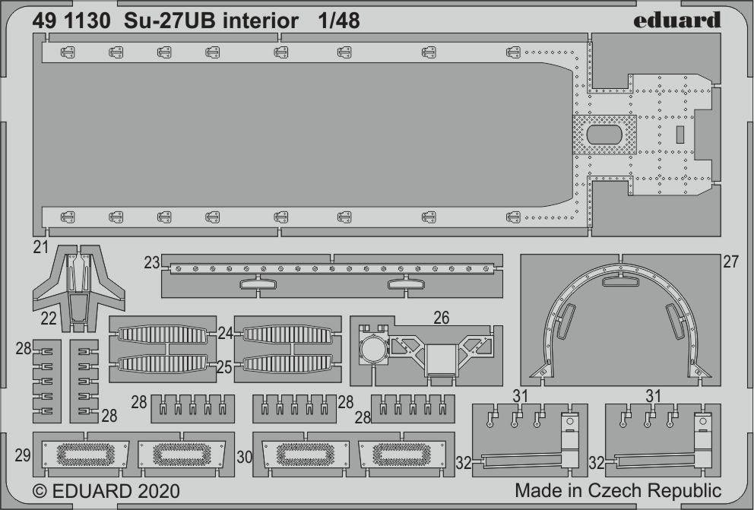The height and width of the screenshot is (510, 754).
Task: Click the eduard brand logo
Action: pyautogui.click(x=676, y=21)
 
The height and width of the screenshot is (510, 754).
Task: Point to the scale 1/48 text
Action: pyautogui.click(x=338, y=21)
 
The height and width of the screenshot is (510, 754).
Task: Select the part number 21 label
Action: pyautogui.click(x=41, y=247)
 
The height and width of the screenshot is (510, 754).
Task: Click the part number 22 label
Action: pyautogui.click(x=49, y=318)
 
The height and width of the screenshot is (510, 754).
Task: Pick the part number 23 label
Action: pyautogui.click(x=152, y=262)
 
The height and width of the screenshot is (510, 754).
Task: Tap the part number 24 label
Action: pyautogui.click(x=224, y=333)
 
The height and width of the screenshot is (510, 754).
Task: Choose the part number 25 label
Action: pyautogui.click(x=224, y=368)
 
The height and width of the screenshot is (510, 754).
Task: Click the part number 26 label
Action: pyautogui.click(x=441, y=317)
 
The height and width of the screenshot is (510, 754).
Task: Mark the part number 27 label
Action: pyautogui.click(x=730, y=262)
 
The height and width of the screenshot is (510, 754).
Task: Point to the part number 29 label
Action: pyautogui.click(x=23, y=455)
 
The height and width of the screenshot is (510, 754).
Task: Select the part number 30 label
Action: pyautogui.click(x=244, y=457)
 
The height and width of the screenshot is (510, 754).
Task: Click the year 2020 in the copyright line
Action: pyautogui.click(x=158, y=491)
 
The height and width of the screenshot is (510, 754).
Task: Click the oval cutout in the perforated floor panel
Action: pyautogui.click(x=604, y=135)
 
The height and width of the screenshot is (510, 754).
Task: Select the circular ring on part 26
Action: pyautogui.click(x=373, y=350)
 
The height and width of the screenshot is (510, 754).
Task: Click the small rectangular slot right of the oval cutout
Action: pyautogui.click(x=680, y=135)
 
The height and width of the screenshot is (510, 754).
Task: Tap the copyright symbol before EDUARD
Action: pyautogui.click(x=40, y=491)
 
